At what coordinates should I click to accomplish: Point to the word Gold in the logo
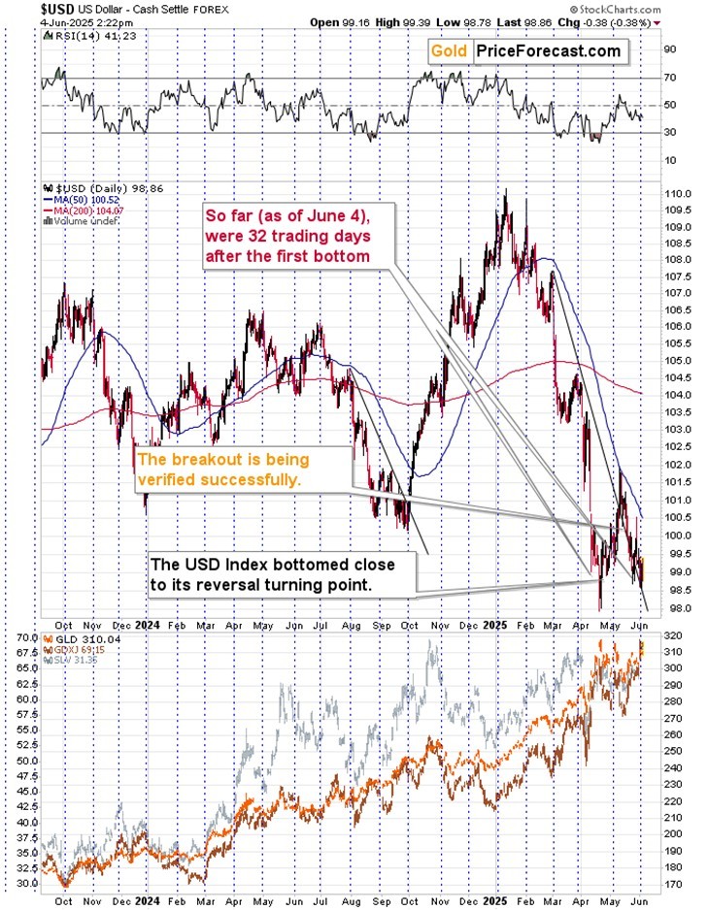pos(451,50)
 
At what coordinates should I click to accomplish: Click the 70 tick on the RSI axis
pos(669,77)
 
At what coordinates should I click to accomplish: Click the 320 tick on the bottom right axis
pos(671,637)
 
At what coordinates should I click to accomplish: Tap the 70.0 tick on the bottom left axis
pos(27,637)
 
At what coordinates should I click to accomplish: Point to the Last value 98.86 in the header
pos(569,21)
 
